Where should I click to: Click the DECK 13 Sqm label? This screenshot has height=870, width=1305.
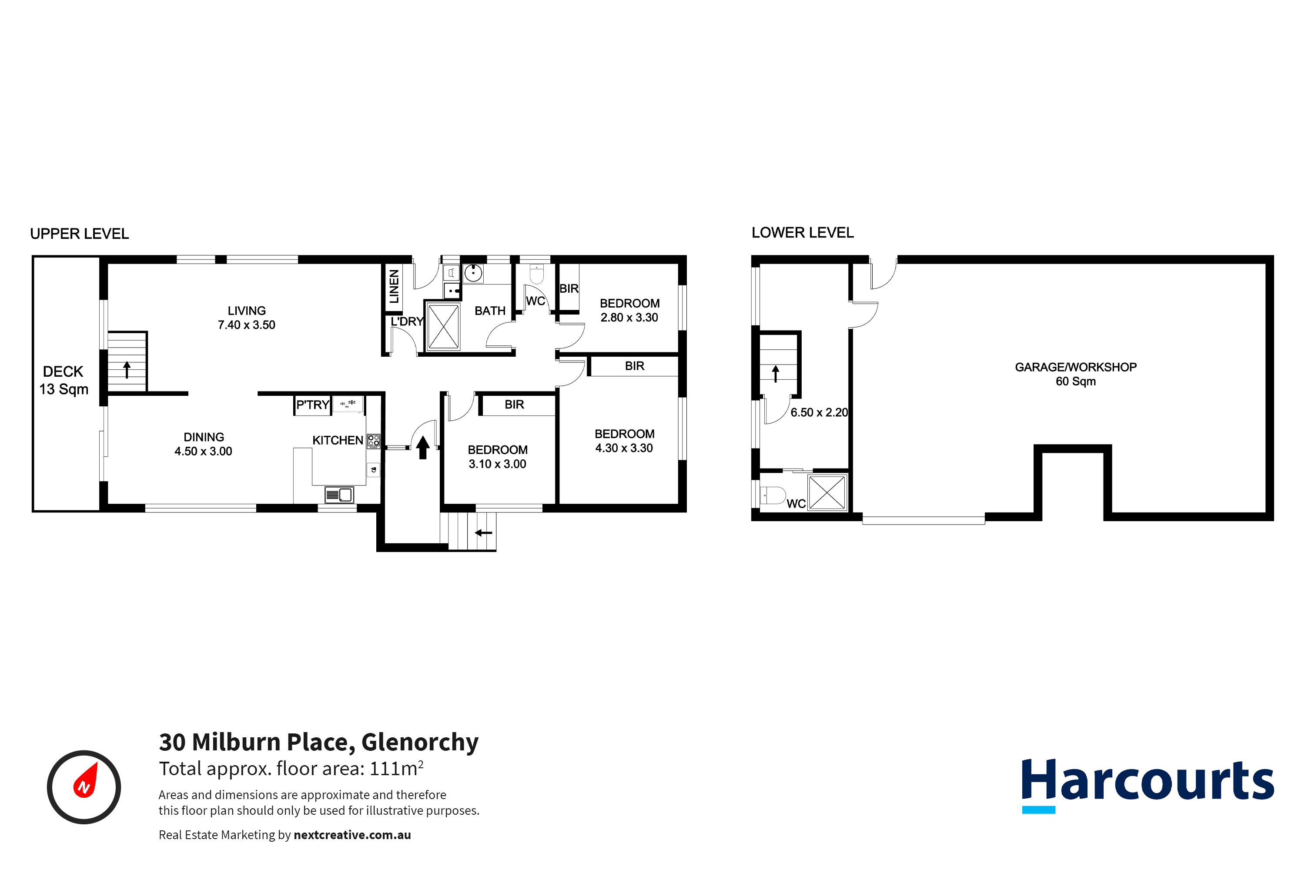(63, 380)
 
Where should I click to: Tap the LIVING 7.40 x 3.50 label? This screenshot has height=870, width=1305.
(246, 318)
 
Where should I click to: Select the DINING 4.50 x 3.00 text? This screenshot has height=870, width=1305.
(203, 444)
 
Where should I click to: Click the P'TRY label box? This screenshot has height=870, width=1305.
(312, 405)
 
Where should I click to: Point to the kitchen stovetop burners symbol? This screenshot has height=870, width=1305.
(373, 441)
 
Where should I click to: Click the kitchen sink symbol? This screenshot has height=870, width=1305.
(339, 494)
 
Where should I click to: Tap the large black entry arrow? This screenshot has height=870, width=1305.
(423, 447)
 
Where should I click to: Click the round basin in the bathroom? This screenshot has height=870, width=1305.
(473, 273)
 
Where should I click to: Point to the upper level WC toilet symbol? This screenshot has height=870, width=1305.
(536, 274)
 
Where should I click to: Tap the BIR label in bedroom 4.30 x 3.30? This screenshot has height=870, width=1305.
(634, 366)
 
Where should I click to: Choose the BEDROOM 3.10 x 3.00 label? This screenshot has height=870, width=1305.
(497, 457)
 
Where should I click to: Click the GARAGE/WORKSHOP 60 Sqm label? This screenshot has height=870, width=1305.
(1075, 374)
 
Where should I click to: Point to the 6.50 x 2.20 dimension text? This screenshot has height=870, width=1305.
(819, 412)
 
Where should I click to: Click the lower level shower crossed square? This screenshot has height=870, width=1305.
(827, 492)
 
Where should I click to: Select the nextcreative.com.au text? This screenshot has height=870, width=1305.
(352, 835)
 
